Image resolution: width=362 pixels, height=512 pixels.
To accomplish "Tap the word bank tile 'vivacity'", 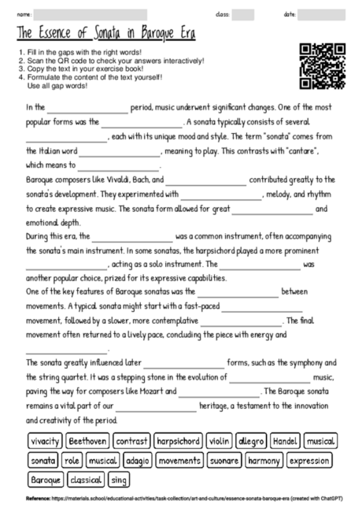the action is click(x=46, y=441).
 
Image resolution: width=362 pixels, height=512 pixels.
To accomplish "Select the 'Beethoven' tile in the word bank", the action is click(x=87, y=441).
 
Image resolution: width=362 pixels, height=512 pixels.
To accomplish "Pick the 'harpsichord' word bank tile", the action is click(x=178, y=441).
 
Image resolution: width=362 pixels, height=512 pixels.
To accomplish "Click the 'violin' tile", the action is click(x=220, y=441).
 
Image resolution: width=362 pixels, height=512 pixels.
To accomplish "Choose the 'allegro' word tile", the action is click(x=252, y=441).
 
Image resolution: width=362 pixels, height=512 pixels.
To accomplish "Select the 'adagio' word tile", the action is click(x=137, y=460).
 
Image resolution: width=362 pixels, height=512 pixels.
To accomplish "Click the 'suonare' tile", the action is click(x=224, y=460).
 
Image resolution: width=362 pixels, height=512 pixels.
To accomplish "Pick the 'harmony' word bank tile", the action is click(x=264, y=460).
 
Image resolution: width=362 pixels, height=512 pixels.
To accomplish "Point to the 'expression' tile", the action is click(x=309, y=460).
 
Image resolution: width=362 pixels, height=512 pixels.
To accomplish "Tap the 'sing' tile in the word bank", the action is click(x=119, y=479).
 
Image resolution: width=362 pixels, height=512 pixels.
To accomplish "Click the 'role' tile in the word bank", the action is click(x=72, y=460).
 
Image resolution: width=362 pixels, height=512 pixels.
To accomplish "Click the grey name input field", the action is click(x=90, y=14).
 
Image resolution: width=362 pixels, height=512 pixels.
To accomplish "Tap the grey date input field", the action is click(x=323, y=14).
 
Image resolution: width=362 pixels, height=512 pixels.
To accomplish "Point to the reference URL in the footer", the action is click(x=189, y=499).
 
